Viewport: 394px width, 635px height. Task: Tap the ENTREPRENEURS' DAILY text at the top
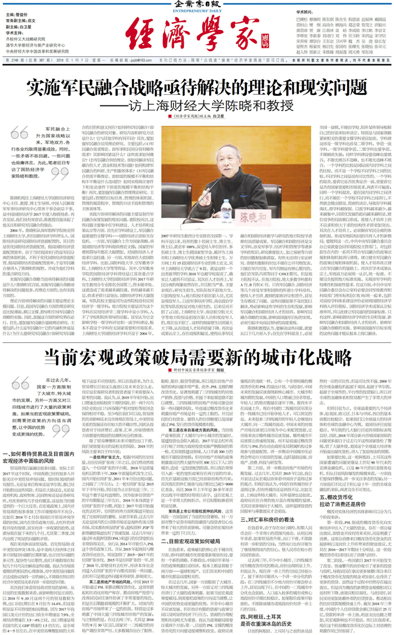[x=196, y=10]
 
